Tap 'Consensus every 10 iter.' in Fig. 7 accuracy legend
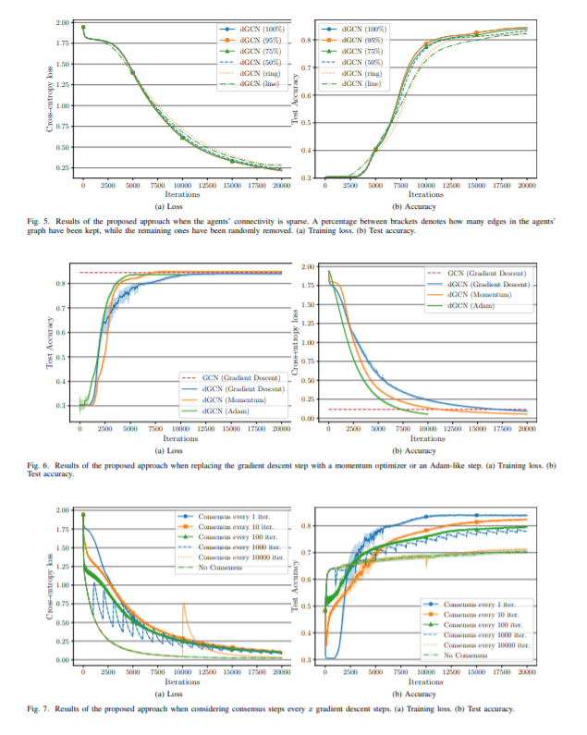(474, 612)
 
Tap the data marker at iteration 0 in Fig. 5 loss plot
(83, 27)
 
